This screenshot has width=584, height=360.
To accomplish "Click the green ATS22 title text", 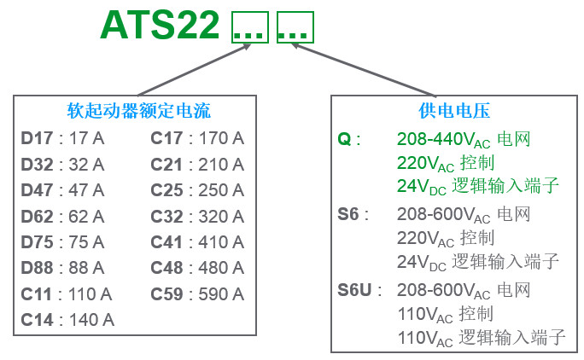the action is pyautogui.click(x=160, y=25).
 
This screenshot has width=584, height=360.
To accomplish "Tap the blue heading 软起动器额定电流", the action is pyautogui.click(x=139, y=111).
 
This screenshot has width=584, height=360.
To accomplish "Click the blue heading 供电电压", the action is pyautogui.click(x=454, y=111).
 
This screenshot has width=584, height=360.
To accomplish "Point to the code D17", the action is pyautogui.click(x=37, y=138).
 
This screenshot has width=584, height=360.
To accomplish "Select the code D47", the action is pyautogui.click(x=37, y=190).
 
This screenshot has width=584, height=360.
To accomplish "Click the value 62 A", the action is pyautogui.click(x=86, y=217).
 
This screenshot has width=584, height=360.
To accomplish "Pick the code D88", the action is pyautogui.click(x=37, y=268).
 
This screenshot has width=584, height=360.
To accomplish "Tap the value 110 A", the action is pyautogui.click(x=91, y=294).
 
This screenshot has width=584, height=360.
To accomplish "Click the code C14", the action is pyautogui.click(x=37, y=320).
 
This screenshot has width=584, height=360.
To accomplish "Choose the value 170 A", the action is pyautogui.click(x=221, y=138).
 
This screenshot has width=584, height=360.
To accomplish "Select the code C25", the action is pyautogui.click(x=166, y=190).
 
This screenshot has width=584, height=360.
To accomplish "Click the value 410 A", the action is pyautogui.click(x=221, y=242).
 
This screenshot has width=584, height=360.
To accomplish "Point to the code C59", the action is pyautogui.click(x=166, y=294).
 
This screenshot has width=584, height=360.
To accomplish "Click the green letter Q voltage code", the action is pyautogui.click(x=345, y=140).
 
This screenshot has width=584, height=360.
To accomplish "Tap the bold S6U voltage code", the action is pyautogui.click(x=354, y=290).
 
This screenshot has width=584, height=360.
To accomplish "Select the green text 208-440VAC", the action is pyautogui.click(x=444, y=140).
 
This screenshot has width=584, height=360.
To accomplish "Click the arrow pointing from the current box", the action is pyautogui.click(x=194, y=70).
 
